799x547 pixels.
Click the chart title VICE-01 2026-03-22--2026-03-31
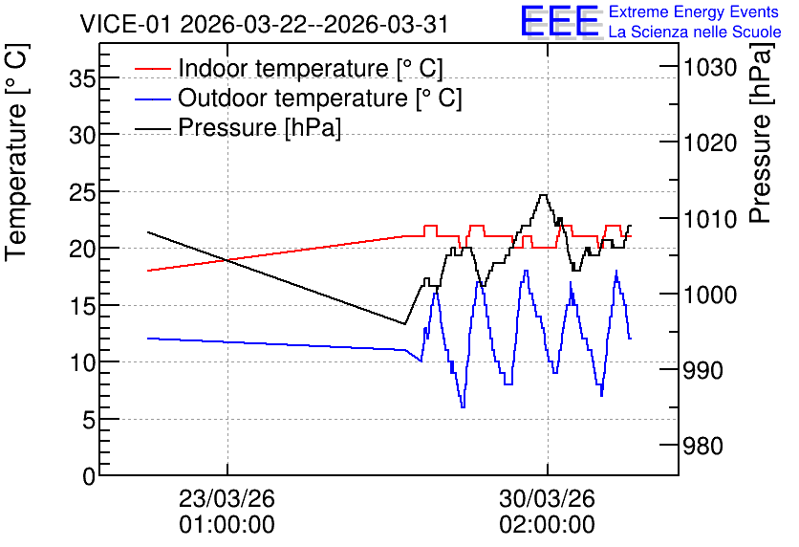(x=264, y=24)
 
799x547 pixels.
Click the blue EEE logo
(x=560, y=21)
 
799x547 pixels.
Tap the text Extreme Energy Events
(x=694, y=11)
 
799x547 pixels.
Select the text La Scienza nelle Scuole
(x=695, y=33)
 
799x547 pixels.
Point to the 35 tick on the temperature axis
(x=81, y=78)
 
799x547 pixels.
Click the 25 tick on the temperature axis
(x=81, y=192)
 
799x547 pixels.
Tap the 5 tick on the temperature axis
(x=88, y=420)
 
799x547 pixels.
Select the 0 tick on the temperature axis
(x=89, y=477)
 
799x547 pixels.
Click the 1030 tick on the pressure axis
(x=710, y=67)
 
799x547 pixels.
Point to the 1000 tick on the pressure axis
(x=710, y=295)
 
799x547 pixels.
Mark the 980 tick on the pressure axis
(x=703, y=446)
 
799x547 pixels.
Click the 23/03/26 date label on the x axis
(x=227, y=498)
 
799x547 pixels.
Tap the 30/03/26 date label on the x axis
(x=547, y=498)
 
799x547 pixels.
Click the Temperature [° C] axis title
(x=17, y=153)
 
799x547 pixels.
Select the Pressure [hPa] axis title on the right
(x=761, y=133)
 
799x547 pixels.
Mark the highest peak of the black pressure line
(x=543, y=195)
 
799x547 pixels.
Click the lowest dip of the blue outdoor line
(x=463, y=406)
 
